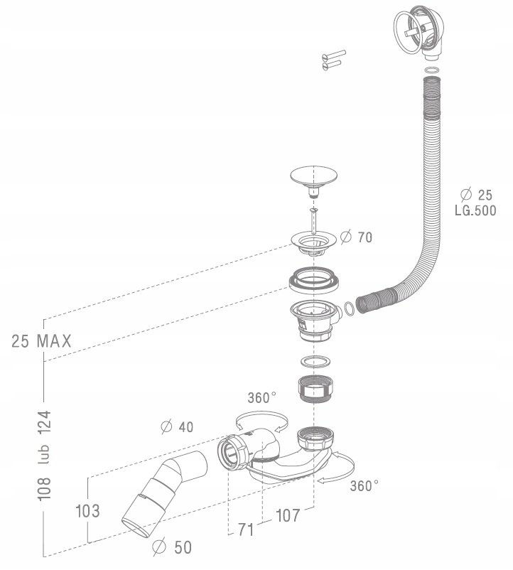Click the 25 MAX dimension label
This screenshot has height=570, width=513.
pyautogui.click(x=41, y=340)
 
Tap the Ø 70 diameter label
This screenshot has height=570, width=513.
pyautogui.click(x=356, y=237)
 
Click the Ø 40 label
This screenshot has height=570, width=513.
pyautogui.click(x=177, y=427)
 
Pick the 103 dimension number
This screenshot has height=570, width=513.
pyautogui.click(x=86, y=510)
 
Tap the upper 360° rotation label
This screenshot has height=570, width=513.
pyautogui.click(x=262, y=398)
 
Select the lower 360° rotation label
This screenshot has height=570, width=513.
pyautogui.click(x=364, y=486)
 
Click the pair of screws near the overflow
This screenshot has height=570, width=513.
pyautogui.click(x=333, y=60)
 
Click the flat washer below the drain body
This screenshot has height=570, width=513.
pyautogui.click(x=313, y=359)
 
